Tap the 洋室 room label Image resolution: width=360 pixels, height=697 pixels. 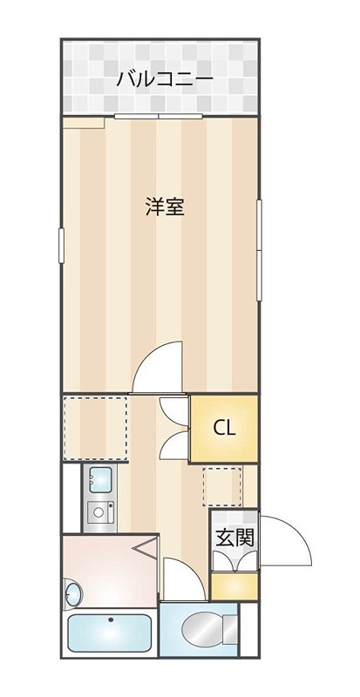click(x=164, y=207)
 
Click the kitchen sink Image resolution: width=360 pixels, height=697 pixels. click(x=98, y=478)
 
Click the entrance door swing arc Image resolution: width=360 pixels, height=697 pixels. click(x=288, y=540)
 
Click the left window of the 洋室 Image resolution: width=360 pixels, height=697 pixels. click(x=61, y=243)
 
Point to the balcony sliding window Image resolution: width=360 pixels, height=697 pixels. click(x=160, y=116)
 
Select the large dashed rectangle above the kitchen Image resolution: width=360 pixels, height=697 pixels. click(x=96, y=426)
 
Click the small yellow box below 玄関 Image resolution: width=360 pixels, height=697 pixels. click(x=235, y=585)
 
